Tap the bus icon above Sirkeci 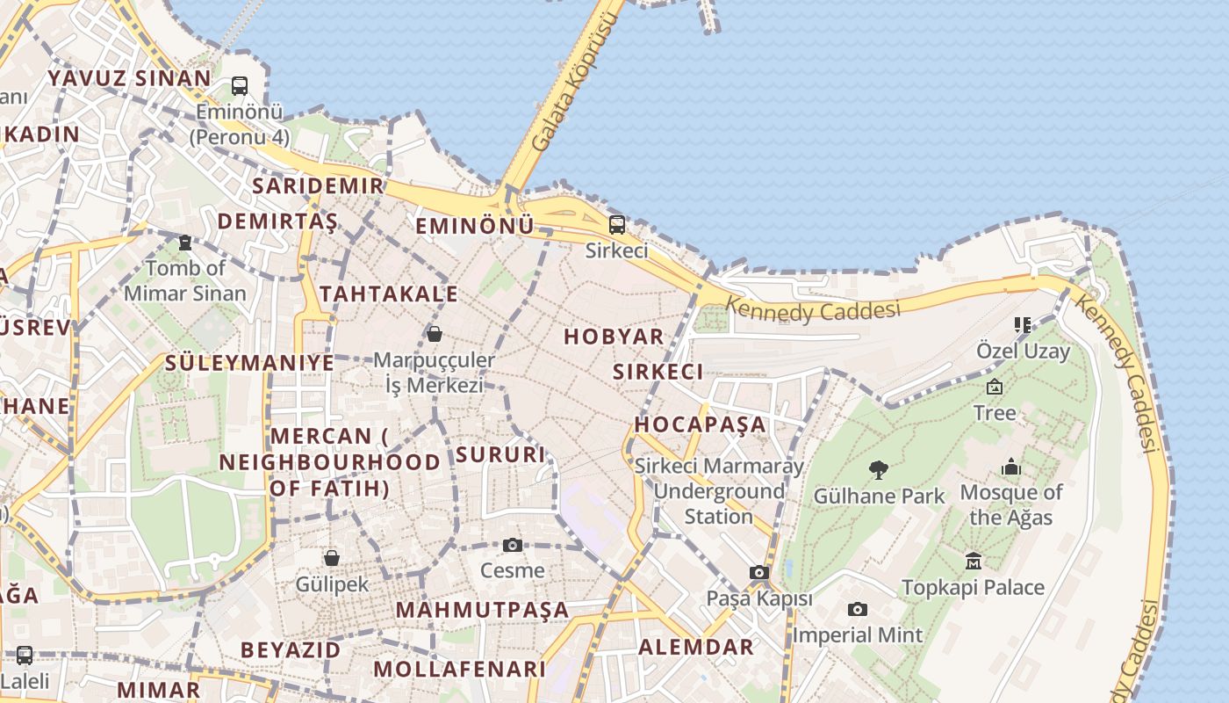617,224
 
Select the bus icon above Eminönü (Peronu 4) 240,86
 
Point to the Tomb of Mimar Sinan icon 185,243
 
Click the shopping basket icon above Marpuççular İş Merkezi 434,334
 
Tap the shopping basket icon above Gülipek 332,558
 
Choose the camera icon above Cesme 513,546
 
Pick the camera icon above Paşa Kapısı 759,573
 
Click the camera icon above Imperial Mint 858,610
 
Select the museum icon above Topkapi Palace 973,561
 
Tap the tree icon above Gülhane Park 878,470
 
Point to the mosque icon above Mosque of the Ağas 1011,467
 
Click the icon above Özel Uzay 1023,325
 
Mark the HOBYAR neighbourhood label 614,337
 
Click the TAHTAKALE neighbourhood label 389,294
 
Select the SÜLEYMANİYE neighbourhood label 249,363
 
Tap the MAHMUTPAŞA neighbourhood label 482,610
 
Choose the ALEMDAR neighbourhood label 695,648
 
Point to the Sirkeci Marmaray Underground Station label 718,491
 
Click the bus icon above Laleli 25,656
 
